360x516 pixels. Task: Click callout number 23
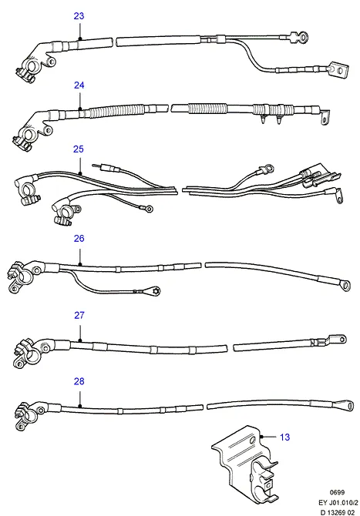79,16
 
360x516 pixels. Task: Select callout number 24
79,85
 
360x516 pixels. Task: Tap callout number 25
79,149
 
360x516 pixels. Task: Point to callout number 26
79,238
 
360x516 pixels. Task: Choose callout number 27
79,315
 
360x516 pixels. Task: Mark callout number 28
79,381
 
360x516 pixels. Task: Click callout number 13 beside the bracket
284,437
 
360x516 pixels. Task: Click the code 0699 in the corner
337,492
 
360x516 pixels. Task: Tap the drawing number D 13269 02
338,512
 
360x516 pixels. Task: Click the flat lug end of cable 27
335,340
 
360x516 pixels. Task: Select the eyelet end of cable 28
348,405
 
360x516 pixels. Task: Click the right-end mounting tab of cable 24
325,118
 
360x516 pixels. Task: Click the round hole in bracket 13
253,441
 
